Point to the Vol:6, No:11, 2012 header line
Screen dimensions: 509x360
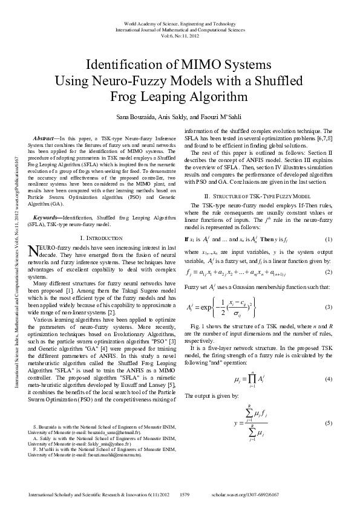180,35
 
